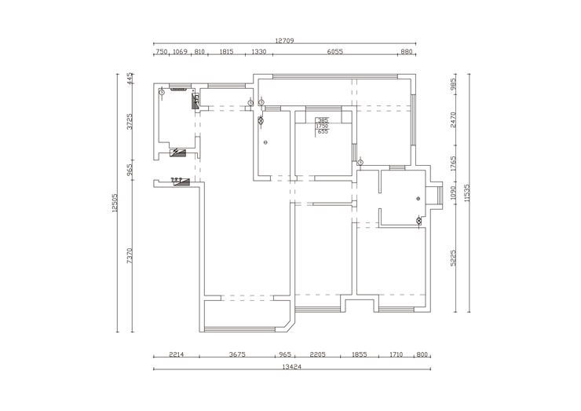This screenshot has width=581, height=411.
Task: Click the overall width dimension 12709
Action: point(284,40)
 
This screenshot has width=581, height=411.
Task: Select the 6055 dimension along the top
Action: point(334,51)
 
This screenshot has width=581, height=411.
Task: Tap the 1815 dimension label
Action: point(226,51)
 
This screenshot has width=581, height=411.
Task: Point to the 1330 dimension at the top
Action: point(259,51)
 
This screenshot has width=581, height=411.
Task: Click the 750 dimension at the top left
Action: point(161,51)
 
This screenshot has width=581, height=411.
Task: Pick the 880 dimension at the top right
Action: point(406,51)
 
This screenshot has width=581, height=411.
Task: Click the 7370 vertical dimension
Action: point(130,255)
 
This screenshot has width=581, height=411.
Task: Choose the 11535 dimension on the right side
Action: point(467,193)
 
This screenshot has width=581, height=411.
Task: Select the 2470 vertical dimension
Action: point(453,119)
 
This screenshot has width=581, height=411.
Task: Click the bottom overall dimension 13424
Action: point(291,366)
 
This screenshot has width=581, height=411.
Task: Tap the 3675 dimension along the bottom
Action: point(238,354)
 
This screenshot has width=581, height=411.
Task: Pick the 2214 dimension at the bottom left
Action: point(176,354)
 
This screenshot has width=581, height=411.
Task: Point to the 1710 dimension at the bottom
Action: point(396,354)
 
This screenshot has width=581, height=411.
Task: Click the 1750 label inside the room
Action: point(322,126)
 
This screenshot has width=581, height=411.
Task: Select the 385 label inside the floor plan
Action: point(323,120)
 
